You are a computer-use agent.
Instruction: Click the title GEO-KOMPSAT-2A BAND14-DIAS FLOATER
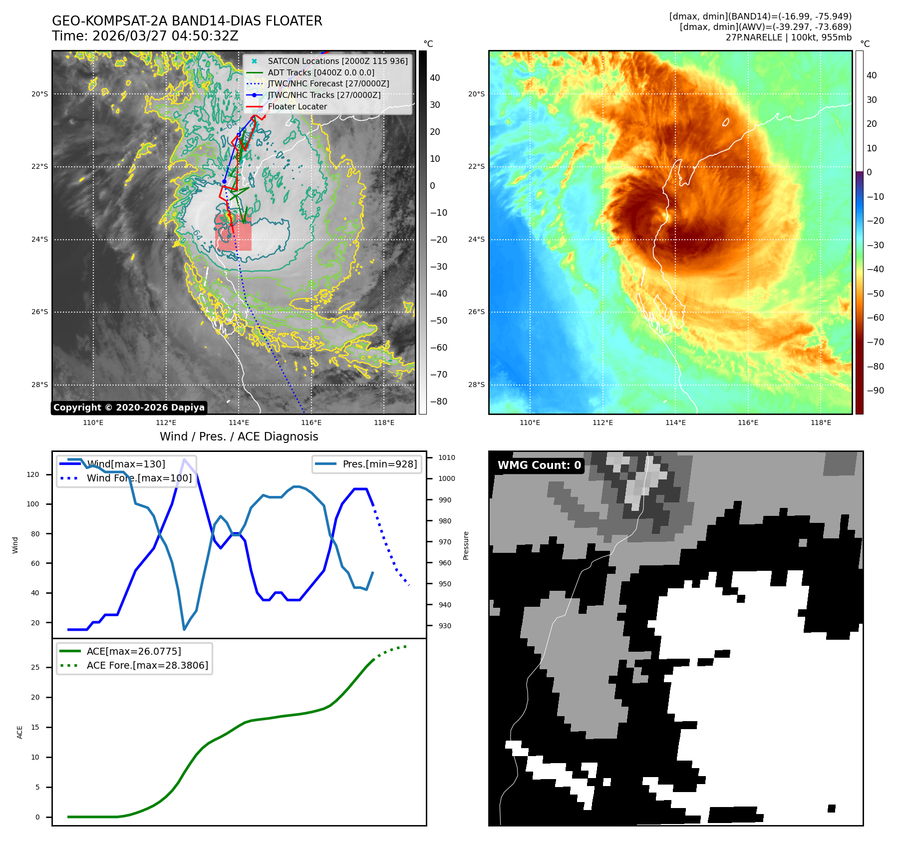187,21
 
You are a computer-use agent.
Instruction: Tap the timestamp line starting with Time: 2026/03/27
145,36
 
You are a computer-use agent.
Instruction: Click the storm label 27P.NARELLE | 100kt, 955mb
788,37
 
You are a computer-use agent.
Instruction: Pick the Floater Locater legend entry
297,106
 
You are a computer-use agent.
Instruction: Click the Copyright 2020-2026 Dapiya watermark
129,408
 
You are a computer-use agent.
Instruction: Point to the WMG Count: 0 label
539,465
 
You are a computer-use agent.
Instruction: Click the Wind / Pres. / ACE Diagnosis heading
239,436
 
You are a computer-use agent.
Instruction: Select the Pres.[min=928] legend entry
379,464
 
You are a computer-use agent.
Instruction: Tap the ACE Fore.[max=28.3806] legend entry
147,665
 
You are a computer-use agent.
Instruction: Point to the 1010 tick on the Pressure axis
446,457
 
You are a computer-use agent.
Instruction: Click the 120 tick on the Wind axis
33,474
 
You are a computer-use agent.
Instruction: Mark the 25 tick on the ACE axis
35,667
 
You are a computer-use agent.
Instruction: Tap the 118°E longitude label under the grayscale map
384,423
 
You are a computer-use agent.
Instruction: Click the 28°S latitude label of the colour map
476,385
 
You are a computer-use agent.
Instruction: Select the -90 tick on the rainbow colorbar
875,391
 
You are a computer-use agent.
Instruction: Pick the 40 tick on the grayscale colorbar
435,78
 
